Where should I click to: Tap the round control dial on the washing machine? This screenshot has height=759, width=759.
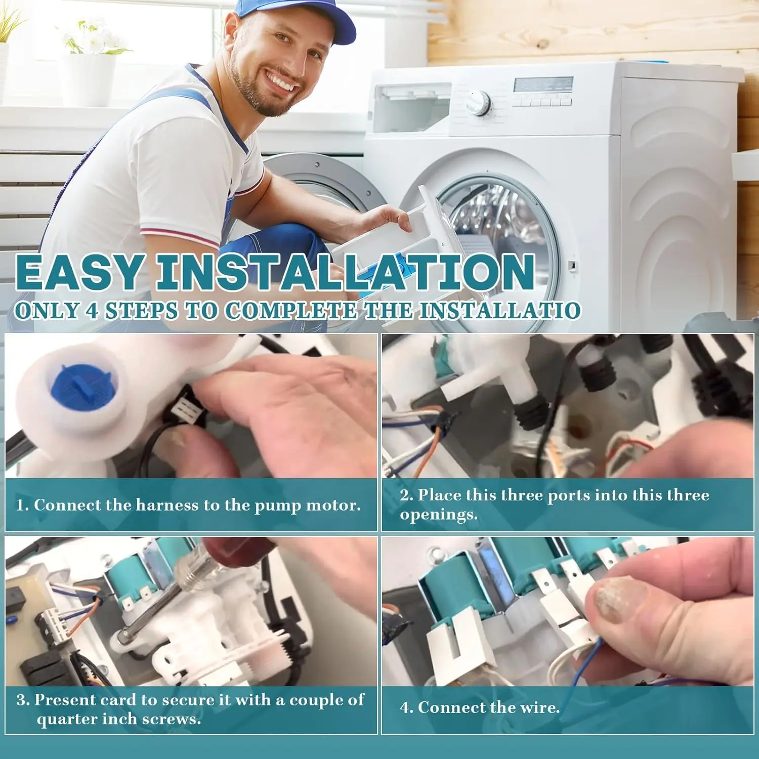[x=478, y=103]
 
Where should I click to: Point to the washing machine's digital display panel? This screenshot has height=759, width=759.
[x=543, y=85]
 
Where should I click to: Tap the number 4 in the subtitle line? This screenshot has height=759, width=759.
[x=92, y=310]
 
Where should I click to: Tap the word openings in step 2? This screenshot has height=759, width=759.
[x=439, y=515]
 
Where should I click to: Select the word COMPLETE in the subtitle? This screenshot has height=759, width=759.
[x=291, y=310]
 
